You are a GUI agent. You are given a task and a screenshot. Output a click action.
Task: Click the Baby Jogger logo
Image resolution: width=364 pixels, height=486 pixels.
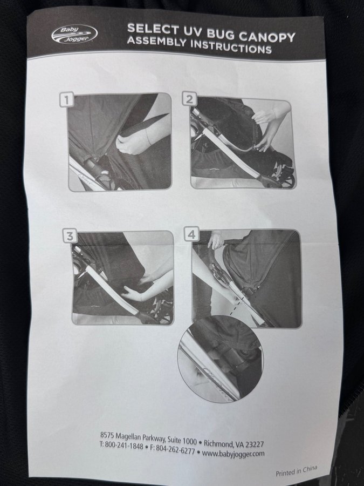74,35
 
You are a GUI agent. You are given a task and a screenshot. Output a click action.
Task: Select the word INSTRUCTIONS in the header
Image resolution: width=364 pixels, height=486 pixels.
231,46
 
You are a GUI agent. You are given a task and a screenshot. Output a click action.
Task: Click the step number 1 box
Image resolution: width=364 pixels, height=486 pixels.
66,100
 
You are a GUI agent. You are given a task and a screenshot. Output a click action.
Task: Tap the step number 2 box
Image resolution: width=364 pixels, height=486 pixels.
189,99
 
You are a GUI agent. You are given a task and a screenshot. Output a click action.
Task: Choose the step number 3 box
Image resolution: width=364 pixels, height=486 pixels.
70,236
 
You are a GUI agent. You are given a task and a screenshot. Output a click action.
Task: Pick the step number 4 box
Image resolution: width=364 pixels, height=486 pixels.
191,234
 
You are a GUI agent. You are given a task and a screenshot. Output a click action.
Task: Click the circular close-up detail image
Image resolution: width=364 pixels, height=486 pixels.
221,359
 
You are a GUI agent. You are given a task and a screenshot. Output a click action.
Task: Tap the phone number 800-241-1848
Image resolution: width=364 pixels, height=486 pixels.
124,446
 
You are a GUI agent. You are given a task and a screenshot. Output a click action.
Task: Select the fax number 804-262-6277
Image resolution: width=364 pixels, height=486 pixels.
175,449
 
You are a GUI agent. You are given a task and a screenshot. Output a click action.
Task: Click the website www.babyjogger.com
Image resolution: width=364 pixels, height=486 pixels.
233,454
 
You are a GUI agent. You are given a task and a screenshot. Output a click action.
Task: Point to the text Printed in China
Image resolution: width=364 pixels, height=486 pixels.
297,471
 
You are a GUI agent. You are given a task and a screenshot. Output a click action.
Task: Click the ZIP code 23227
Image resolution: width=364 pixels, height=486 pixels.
255,444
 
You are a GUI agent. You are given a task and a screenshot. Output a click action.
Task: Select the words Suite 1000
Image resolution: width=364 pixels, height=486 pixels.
182,440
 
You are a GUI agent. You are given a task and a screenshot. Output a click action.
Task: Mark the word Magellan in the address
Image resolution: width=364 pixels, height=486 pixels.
127,436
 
